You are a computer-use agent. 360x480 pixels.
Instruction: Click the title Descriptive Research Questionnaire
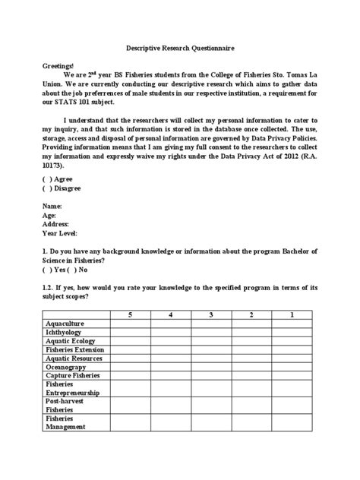click(180, 48)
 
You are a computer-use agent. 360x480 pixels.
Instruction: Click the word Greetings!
click(58, 67)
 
